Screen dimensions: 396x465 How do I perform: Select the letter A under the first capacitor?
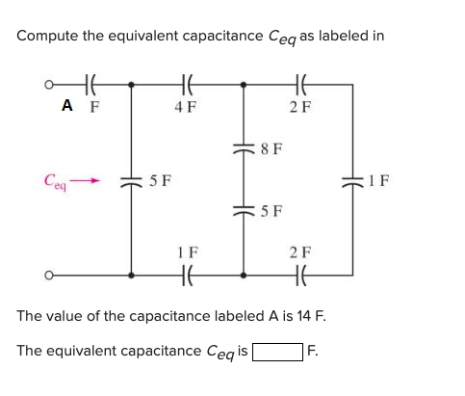68,108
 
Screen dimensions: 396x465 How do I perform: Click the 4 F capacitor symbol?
187,84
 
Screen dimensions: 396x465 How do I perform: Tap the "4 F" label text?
187,108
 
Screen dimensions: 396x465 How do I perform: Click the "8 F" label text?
272,149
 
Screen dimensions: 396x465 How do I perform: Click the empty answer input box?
274,353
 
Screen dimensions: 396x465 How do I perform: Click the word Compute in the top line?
47,36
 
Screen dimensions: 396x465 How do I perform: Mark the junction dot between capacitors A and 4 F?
132,84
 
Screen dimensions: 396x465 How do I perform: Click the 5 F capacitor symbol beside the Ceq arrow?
132,181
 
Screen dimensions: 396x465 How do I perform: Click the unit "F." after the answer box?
309,353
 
